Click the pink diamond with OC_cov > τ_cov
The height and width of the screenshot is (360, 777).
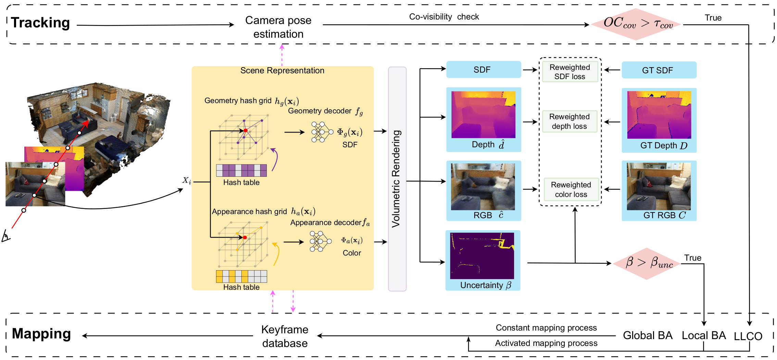[636, 24]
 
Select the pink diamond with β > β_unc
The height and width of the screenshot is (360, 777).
[647, 263]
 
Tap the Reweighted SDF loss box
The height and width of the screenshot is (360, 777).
[570, 72]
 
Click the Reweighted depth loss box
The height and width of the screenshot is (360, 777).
[569, 121]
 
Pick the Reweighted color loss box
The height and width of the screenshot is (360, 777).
[571, 189]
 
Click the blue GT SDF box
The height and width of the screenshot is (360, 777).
[659, 70]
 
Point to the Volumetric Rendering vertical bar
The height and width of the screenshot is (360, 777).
[397, 179]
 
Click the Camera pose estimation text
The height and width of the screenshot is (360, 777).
[278, 27]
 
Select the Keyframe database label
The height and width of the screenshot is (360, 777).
[285, 336]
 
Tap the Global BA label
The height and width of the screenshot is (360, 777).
[647, 335]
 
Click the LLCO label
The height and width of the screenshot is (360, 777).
[748, 336]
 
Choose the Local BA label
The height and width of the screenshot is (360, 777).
[703, 335]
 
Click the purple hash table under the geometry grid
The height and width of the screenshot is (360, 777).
[241, 170]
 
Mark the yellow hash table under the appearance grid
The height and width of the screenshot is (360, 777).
[241, 276]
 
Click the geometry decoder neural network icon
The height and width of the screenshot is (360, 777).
[322, 132]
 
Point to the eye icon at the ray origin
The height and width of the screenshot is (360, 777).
[6, 236]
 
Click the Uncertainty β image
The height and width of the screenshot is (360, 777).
[482, 256]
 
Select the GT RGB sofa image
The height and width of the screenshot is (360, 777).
[659, 186]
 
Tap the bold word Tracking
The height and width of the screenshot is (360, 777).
[40, 23]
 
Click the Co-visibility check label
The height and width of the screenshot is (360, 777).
[444, 17]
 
